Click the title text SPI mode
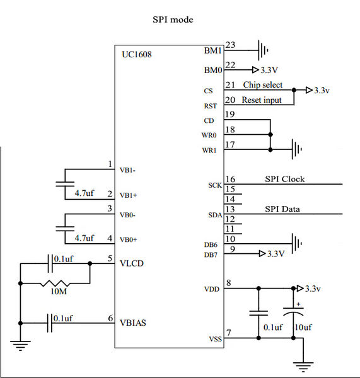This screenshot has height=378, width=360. (173, 20)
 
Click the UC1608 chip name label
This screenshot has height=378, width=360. (137, 54)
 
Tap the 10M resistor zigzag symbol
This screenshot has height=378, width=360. (55, 283)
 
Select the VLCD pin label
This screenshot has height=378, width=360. (132, 263)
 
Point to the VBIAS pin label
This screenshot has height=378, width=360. (133, 323)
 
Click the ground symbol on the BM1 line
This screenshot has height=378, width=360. (263, 50)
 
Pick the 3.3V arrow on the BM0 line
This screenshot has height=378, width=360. (255, 70)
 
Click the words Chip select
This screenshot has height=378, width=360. (262, 85)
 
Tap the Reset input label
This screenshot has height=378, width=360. (262, 100)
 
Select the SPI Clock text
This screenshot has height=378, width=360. (285, 179)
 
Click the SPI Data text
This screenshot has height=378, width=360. (282, 209)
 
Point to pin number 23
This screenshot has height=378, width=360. (230, 45)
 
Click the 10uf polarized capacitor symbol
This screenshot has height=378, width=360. (293, 311)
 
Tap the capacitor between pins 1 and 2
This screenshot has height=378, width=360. (65, 184)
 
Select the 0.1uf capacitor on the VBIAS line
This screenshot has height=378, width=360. (50, 323)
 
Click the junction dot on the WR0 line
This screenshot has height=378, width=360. (270, 135)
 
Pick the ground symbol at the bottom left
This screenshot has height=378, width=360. (20, 345)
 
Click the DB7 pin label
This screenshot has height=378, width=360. (211, 255)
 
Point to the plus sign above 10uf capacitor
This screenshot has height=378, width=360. (298, 304)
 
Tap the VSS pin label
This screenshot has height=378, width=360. (215, 339)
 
